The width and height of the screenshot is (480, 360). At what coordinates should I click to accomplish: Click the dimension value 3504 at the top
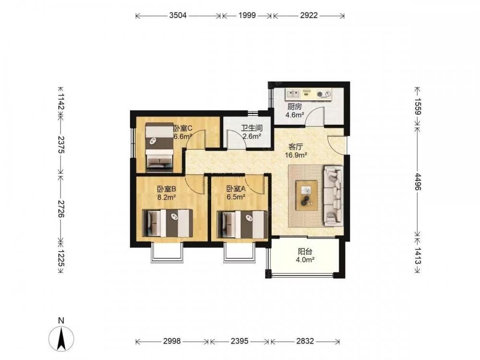pyautogui.click(x=178, y=15)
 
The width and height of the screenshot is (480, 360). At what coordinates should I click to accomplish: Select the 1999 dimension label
pyautogui.click(x=247, y=15)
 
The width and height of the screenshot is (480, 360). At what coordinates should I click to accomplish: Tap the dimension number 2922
pyautogui.click(x=309, y=15)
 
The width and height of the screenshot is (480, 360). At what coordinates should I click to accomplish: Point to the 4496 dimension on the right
pyautogui.click(x=418, y=181)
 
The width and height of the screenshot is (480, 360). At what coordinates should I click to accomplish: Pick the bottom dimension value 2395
pyautogui.click(x=240, y=341)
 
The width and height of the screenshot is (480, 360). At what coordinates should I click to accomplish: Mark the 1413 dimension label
pyautogui.click(x=418, y=256)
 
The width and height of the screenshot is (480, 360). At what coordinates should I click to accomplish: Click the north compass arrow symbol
pyautogui.click(x=61, y=339)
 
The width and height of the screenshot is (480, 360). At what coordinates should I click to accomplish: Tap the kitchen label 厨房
pyautogui.click(x=295, y=107)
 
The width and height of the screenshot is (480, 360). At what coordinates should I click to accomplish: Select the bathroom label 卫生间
pyautogui.click(x=252, y=128)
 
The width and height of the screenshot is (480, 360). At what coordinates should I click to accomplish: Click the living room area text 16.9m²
pyautogui.click(x=296, y=155)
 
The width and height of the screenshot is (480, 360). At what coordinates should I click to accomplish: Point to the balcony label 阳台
pyautogui.click(x=305, y=252)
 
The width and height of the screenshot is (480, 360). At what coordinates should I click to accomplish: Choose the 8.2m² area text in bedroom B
pyautogui.click(x=166, y=197)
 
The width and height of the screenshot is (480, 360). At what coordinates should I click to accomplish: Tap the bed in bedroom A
pyautogui.click(x=240, y=224)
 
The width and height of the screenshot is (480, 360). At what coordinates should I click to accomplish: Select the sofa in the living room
pyautogui.click(x=334, y=196)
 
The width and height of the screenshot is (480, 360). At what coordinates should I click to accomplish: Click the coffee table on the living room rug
pyautogui.click(x=306, y=195)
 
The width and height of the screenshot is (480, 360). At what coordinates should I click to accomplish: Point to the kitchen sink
pyautogui.click(x=293, y=93)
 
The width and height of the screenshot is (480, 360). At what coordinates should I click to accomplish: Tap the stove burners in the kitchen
pyautogui.click(x=324, y=94)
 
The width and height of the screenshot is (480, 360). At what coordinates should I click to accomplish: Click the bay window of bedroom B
pyautogui.click(x=167, y=253)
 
